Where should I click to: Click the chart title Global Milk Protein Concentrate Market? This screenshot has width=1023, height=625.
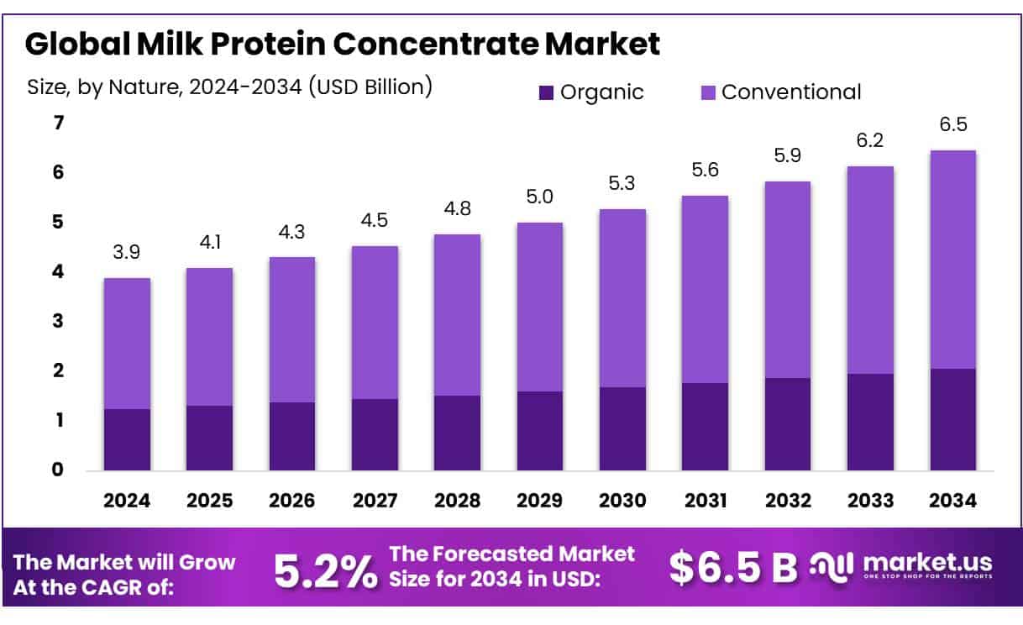pos(342,44)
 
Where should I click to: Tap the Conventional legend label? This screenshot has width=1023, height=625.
pos(790,92)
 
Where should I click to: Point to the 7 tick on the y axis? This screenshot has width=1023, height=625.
pos(58,123)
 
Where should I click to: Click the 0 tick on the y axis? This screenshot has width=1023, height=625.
pos(58,470)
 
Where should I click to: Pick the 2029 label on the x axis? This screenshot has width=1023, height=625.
pos(540,501)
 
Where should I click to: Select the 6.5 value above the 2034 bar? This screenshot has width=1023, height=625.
pos(952,125)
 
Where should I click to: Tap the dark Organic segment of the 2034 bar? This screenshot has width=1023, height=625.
pos(952,419)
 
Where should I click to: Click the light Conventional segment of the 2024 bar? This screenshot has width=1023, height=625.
pos(127,343)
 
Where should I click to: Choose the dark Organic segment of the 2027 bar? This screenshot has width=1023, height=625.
pos(375,434)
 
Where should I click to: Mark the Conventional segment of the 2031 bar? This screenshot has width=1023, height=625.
pos(705,289)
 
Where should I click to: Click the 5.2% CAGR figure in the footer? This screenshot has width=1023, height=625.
pos(325,570)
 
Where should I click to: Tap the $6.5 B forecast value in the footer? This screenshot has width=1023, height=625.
pos(732,569)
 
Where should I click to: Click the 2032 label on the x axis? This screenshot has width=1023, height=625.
pos(787,501)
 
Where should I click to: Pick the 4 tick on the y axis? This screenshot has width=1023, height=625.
pos(58,272)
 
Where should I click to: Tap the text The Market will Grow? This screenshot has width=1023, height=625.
pos(125,561)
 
